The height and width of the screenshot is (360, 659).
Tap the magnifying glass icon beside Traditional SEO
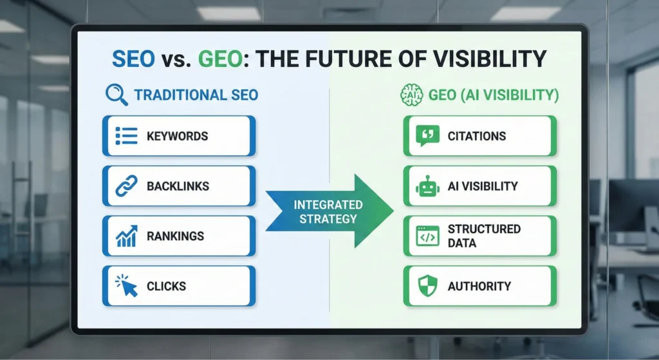pos(116,95)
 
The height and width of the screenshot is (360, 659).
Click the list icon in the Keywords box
pos(126,136)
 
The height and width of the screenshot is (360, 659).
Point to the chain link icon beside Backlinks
pos(126,186)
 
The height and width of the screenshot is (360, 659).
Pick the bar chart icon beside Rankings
pos(126,236)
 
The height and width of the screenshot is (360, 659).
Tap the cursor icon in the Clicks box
pos(126,285)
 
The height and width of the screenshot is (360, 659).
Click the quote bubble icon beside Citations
pos(427,136)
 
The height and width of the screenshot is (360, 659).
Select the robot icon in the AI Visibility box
pos(427,186)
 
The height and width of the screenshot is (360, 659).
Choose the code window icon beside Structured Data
pos(427,236)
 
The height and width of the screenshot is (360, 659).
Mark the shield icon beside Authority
pos(427,286)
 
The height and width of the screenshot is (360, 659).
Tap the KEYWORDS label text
pos(177,136)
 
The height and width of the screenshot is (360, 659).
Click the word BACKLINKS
pos(178,186)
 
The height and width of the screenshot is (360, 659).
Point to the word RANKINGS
pos(175,236)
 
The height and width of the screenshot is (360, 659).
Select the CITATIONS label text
pos(477,136)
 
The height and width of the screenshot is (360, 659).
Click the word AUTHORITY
pos(479,286)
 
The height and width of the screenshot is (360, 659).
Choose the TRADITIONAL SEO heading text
pos(196,95)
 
